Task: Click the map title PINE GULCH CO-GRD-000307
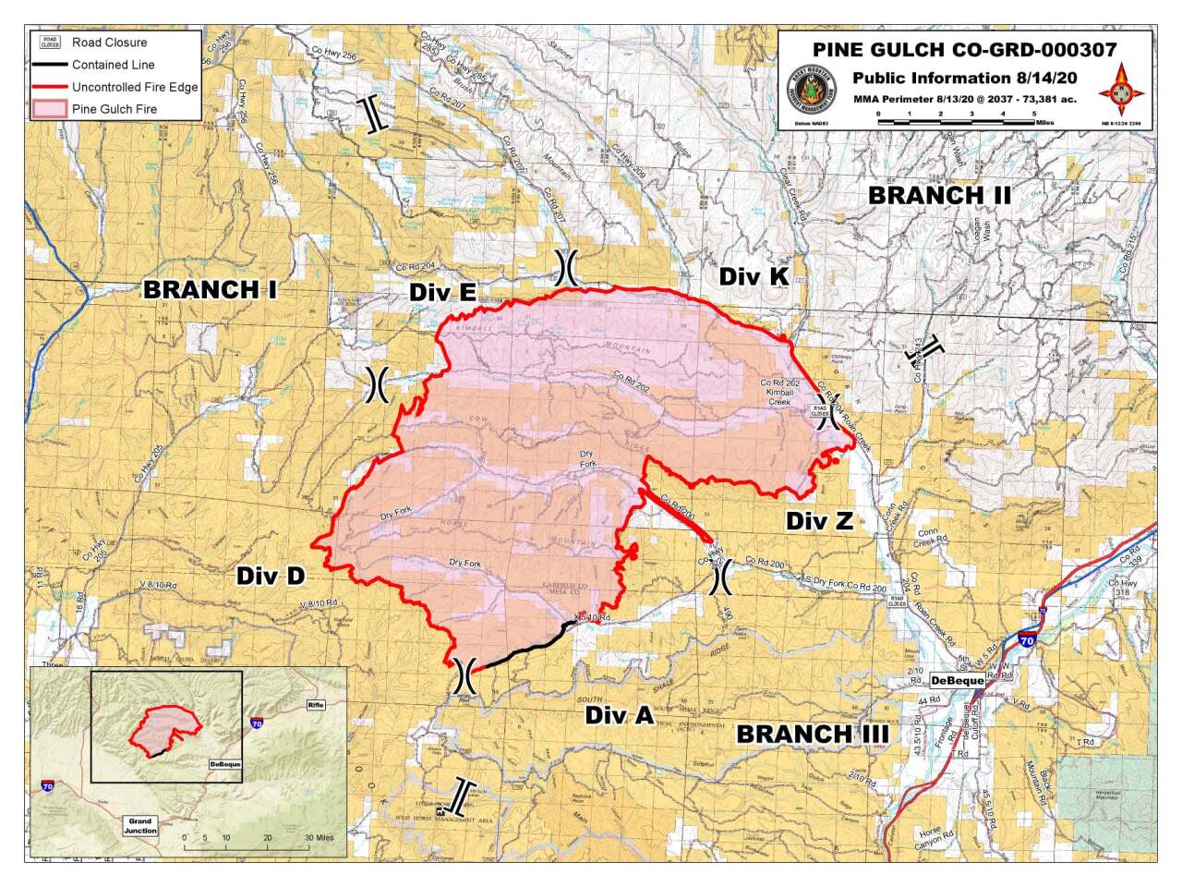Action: coord(964,50)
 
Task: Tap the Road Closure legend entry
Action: coord(109,43)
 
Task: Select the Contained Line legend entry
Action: coord(113,65)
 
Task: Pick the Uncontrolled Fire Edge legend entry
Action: coord(135,87)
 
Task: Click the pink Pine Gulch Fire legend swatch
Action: coord(50,109)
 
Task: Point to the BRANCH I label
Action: coord(210,290)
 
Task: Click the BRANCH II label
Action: coord(939,196)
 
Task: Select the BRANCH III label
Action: coord(812,735)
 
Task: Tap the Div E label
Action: coord(442,293)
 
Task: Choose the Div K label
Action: coord(754,276)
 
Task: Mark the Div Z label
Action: coord(819,521)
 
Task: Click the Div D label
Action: coord(270,577)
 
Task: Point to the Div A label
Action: coord(619,716)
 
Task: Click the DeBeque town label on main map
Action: coord(956,681)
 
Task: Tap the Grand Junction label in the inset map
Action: coord(140,825)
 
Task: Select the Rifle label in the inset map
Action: coord(317,705)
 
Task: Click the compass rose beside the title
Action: coord(1121,90)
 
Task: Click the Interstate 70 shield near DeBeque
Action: coord(1027,638)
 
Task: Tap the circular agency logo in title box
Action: coord(810,92)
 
